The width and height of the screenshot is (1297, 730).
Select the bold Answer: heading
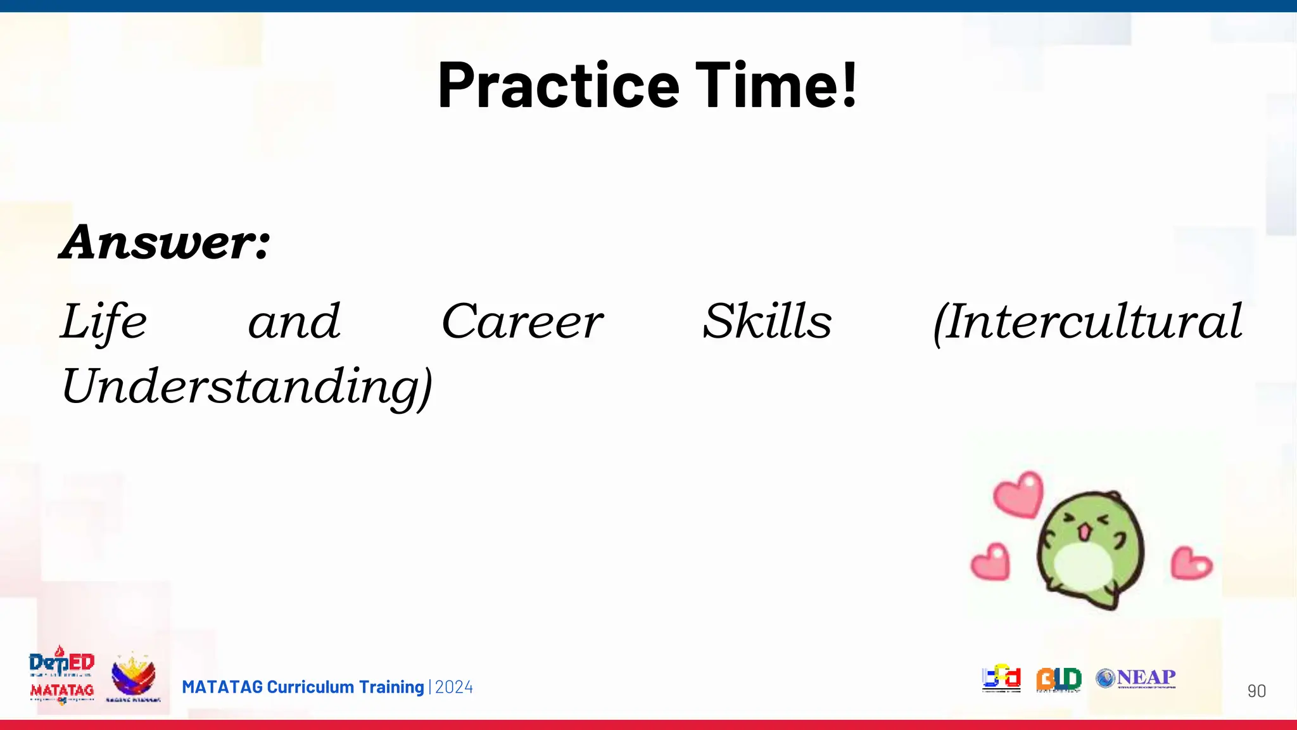point(165,242)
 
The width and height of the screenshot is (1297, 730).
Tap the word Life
point(104,322)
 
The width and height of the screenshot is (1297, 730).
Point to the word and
point(294,322)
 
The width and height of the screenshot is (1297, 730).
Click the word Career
point(522,322)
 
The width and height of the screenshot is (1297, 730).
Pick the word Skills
point(767,322)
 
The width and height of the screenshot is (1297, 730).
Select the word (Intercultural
point(1087,322)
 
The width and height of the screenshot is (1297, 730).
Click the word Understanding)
point(247,387)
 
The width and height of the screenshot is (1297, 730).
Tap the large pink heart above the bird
point(1018,495)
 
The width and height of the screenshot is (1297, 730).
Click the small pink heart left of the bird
point(990,562)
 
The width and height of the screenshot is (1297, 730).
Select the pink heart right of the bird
point(1191,563)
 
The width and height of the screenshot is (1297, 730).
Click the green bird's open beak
point(1085,531)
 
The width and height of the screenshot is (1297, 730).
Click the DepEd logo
point(61,663)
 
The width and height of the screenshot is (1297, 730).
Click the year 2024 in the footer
point(454,688)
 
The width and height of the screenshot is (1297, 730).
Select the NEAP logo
point(1136,679)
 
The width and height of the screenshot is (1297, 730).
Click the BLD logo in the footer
point(1058,679)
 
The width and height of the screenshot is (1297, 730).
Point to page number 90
point(1256,691)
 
